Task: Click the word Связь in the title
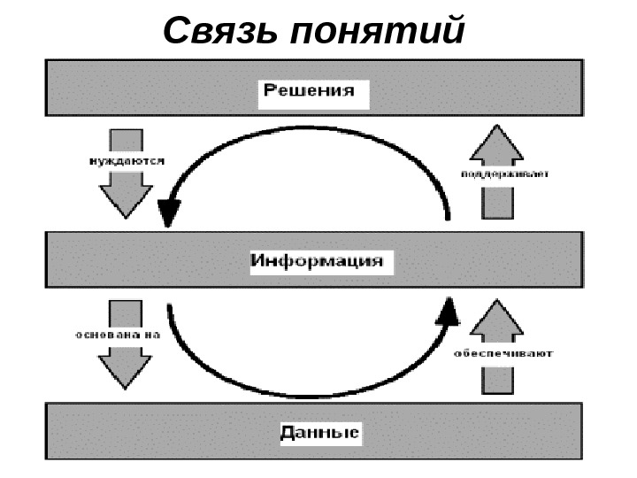click(x=220, y=31)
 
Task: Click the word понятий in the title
click(x=375, y=32)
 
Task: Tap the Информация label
click(x=317, y=261)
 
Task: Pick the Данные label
click(x=319, y=433)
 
